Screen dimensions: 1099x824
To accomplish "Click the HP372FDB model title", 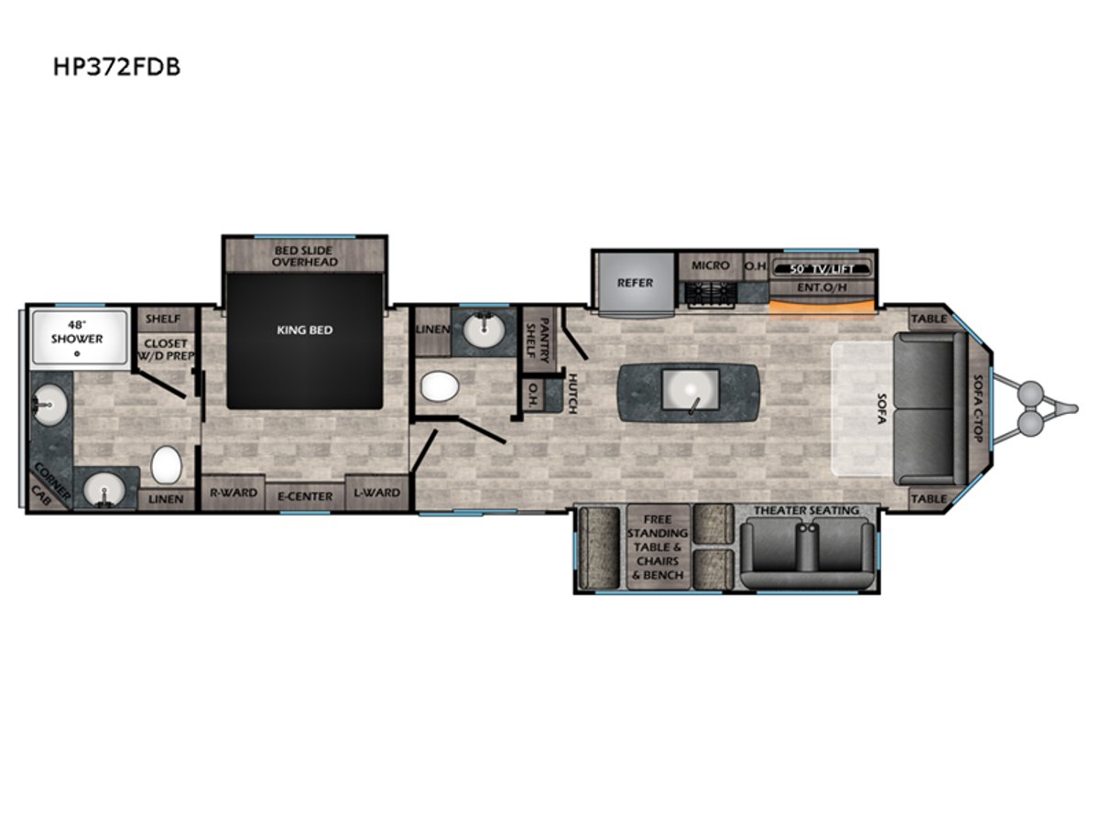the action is (116, 67).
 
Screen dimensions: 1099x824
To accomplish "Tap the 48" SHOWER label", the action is (77, 331).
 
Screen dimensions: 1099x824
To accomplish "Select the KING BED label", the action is (304, 331).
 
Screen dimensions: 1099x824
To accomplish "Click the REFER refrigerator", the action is (636, 284).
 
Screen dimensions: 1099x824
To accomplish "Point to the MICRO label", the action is (710, 266).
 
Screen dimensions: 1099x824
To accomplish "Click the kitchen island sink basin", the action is (690, 390).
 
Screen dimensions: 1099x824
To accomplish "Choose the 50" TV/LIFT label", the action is (822, 269).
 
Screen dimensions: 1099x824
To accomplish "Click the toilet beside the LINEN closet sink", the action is (440, 386).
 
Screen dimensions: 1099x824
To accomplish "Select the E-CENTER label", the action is (305, 496).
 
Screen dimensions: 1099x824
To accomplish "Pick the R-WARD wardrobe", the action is (233, 493).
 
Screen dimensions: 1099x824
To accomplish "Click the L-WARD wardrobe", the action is (377, 493).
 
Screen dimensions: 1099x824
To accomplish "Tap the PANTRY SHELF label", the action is (539, 341).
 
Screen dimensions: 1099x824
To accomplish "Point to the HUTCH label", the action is (572, 394).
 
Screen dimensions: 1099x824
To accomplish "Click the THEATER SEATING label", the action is (807, 510).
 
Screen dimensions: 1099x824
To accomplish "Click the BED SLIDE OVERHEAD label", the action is (304, 256).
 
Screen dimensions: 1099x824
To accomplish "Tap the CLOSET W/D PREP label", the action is (165, 350).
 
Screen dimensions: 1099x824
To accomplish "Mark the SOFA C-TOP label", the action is (978, 408).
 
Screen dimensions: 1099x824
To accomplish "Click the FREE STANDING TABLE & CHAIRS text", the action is (658, 540).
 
